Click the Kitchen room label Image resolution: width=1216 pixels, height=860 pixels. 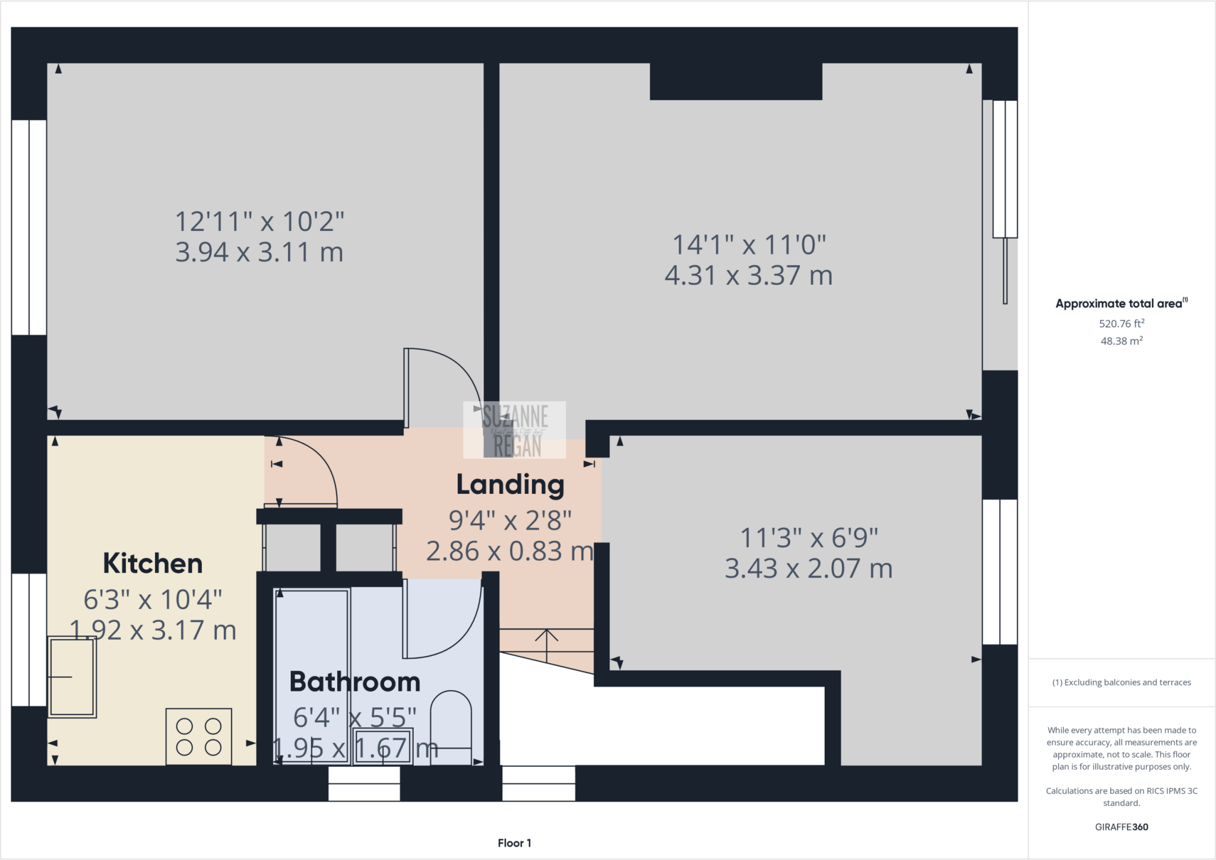(153, 563)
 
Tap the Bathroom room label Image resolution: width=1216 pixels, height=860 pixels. (354, 681)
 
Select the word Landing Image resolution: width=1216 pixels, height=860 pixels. (510, 485)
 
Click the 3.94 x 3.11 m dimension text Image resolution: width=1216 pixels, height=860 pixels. (259, 252)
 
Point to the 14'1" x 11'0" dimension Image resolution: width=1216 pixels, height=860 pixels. (749, 245)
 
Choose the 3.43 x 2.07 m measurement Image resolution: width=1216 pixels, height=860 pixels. (809, 569)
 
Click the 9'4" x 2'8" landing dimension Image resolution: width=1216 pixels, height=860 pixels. (510, 521)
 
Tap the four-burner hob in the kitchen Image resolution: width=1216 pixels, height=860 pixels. (198, 736)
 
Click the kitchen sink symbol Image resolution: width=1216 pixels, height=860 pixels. (72, 677)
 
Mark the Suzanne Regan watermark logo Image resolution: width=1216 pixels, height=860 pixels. (514, 430)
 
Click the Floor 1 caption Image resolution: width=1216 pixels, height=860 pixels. (514, 843)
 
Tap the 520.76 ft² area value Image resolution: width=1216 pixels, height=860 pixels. (1121, 323)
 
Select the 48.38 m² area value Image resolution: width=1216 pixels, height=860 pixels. (1121, 341)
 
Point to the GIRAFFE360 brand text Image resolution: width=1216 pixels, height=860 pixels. (1121, 827)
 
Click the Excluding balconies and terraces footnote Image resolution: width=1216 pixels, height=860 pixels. (1122, 682)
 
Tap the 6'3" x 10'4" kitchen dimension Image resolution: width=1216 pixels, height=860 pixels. (153, 599)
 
